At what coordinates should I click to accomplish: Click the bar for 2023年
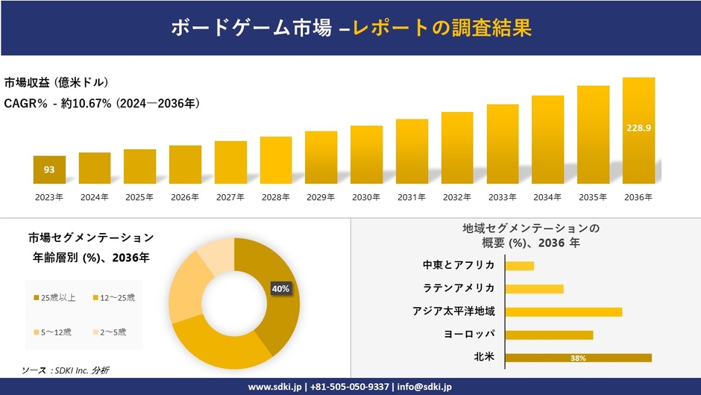[x=49, y=169]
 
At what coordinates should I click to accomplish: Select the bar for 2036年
[x=638, y=131]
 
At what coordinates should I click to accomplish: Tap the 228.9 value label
[x=638, y=128]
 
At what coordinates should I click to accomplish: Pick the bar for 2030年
[x=366, y=155]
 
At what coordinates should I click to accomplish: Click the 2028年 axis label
[x=275, y=197]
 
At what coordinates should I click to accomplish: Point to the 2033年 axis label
[x=502, y=197]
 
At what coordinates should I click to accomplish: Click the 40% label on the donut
[x=280, y=288]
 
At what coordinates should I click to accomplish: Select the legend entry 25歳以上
[x=54, y=298]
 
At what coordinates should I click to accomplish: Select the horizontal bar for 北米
[x=578, y=358]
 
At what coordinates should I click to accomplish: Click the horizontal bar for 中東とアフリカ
[x=519, y=266]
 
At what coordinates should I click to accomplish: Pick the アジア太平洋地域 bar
[x=563, y=311]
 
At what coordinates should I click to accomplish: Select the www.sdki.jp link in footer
[x=274, y=387]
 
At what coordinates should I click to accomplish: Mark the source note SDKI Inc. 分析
[x=66, y=370]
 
